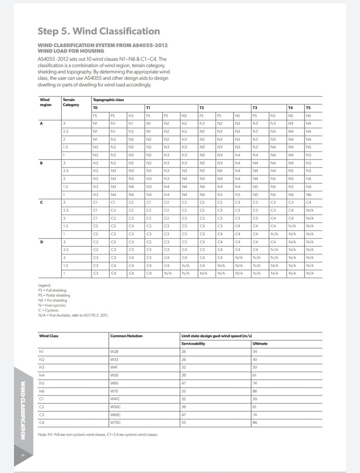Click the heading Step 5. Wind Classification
pos(99,31)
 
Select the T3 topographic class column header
pos(255,107)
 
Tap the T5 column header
pos(309,107)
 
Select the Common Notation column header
pos(126,336)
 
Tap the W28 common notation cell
pos(114,351)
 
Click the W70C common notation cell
pos(116,421)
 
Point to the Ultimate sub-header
pos(260,343)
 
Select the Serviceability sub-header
pos(193,343)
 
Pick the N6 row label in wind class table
pos(42,391)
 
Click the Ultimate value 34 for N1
pos(255,351)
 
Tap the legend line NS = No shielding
pos(53,300)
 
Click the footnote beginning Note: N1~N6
pos(98,434)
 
